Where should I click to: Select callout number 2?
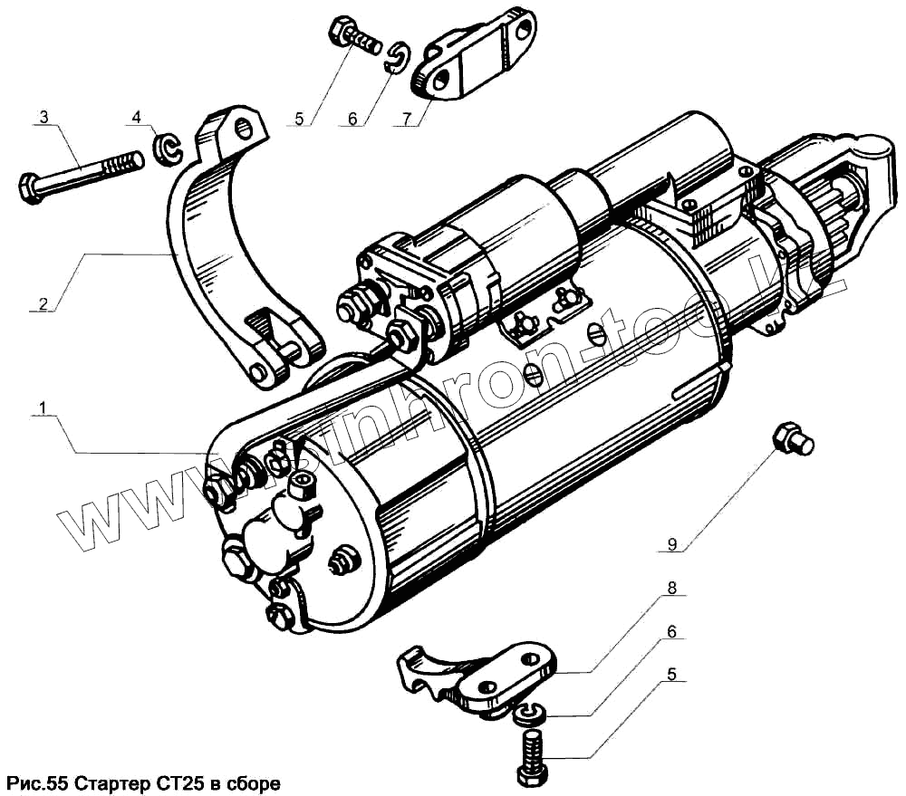tap(41, 303)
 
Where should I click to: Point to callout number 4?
tap(136, 117)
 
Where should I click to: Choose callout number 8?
tap(672, 588)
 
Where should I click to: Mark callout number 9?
tap(672, 544)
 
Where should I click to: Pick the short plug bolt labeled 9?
tap(793, 438)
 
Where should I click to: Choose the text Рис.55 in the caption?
tap(35, 782)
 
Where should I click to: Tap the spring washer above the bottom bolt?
tap(528, 714)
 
